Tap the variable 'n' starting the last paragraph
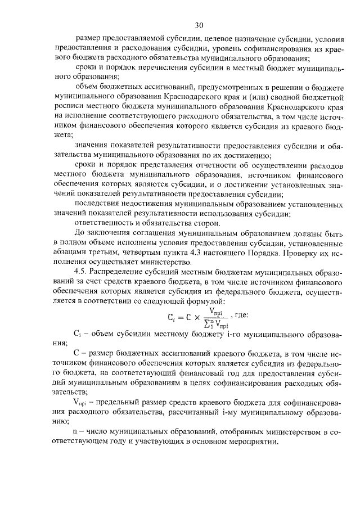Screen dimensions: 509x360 tap(76, 431)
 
